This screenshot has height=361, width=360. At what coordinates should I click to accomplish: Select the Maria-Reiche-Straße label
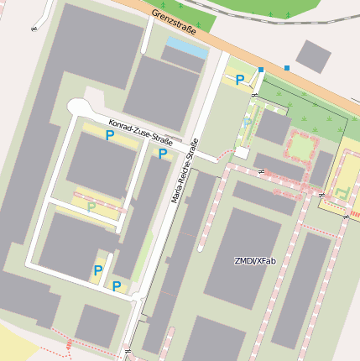[185, 176]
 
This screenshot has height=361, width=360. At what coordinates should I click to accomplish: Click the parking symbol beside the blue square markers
[240, 80]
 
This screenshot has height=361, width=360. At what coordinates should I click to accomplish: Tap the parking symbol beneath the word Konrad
[110, 135]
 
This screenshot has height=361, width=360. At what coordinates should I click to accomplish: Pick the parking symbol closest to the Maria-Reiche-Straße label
[163, 154]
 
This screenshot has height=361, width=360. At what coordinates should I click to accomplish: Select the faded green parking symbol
[91, 207]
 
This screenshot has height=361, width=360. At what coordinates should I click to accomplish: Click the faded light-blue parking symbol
[248, 123]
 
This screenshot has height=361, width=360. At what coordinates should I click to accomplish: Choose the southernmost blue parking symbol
[117, 286]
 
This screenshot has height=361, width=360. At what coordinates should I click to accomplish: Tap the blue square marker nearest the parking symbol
[261, 69]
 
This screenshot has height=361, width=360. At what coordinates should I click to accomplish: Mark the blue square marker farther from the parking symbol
[287, 67]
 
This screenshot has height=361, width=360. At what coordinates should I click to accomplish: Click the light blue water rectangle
[185, 48]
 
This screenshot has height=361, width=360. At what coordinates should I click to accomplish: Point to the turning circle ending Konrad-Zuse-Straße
[79, 108]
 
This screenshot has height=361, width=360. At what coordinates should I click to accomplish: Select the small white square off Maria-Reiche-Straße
[242, 153]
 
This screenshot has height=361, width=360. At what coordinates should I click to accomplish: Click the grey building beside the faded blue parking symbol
[273, 127]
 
